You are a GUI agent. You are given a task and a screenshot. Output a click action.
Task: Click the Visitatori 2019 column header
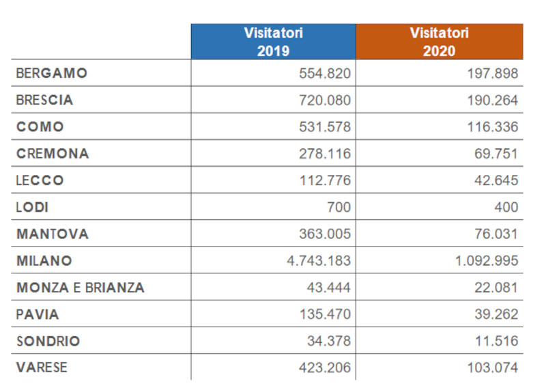(273, 42)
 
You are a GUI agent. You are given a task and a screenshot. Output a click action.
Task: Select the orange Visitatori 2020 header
(439, 42)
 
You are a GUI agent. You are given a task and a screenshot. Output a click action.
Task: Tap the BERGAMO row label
(53, 73)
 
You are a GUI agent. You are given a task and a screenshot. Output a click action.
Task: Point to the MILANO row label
(44, 261)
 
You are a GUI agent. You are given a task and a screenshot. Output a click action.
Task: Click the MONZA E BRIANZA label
(81, 288)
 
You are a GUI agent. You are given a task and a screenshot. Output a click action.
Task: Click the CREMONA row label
(53, 154)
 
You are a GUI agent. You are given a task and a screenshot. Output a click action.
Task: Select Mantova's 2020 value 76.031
(493, 234)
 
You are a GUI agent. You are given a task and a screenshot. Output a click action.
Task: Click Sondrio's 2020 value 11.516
(493, 341)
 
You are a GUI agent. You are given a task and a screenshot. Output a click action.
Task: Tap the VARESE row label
(42, 368)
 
